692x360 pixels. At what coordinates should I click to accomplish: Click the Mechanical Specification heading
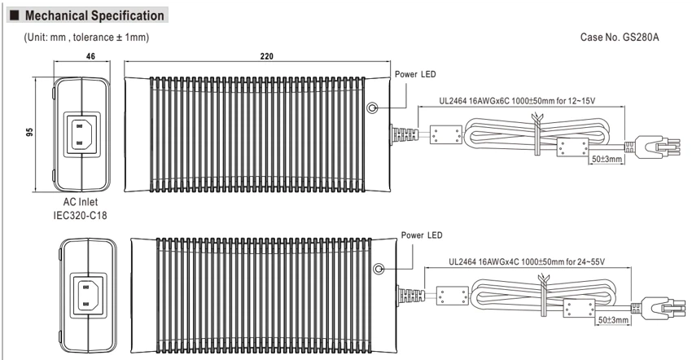coord(94,16)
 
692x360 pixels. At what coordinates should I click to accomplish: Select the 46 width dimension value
coord(90,56)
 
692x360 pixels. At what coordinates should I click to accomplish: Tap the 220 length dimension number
coord(266,56)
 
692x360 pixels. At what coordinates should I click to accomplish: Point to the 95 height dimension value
coord(29,132)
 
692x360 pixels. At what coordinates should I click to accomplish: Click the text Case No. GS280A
coord(620,37)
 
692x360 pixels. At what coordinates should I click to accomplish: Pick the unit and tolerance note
coord(86,37)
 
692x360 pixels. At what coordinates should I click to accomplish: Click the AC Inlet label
coord(81,202)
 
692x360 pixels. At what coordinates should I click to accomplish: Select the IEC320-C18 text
coord(81,216)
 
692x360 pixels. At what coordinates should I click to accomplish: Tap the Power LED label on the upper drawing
coord(415,74)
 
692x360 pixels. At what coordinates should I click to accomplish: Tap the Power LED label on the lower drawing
coord(422,235)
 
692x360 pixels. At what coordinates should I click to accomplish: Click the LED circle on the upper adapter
coord(371,108)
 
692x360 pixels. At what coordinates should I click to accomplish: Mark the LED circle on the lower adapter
coord(379,269)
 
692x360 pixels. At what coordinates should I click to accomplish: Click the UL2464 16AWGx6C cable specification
coord(517,101)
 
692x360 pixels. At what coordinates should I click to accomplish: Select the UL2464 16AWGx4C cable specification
coord(527,262)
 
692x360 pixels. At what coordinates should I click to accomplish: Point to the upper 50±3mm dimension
coord(607,159)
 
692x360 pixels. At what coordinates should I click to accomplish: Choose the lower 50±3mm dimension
coord(613,319)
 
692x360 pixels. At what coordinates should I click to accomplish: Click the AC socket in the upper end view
coord(82,134)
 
